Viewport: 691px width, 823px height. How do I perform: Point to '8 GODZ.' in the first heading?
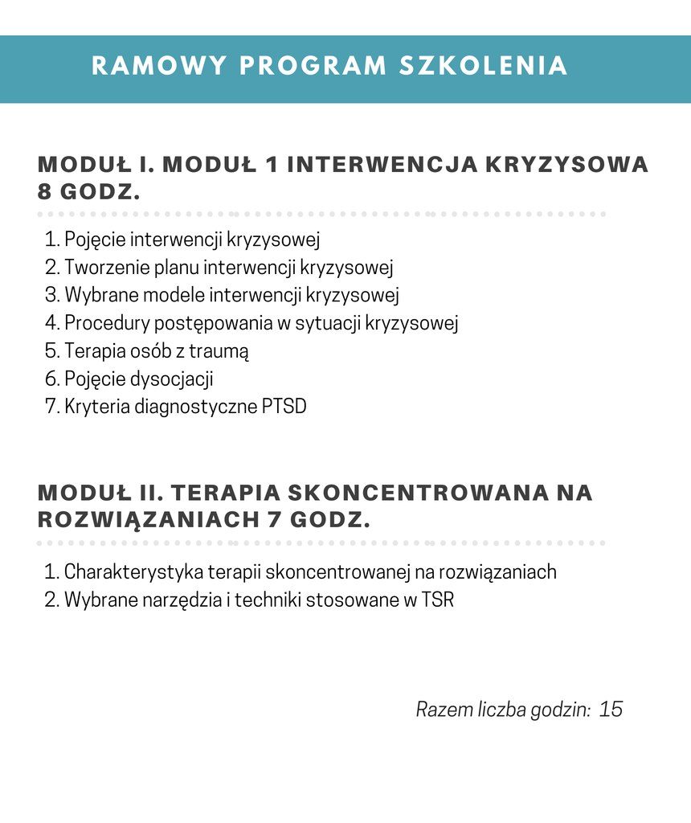pos(89,193)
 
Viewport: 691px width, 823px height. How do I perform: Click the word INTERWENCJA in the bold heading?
pos(380,164)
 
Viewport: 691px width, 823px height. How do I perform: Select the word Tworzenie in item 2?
pos(103,268)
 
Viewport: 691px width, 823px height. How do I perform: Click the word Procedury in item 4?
pos(105,323)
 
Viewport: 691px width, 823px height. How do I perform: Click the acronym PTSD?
pos(284,407)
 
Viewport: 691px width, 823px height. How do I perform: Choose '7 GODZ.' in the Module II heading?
pos(318,520)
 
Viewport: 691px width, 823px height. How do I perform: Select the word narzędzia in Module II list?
pos(183,600)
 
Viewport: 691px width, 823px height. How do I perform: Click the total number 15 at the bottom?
pos(611,710)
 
